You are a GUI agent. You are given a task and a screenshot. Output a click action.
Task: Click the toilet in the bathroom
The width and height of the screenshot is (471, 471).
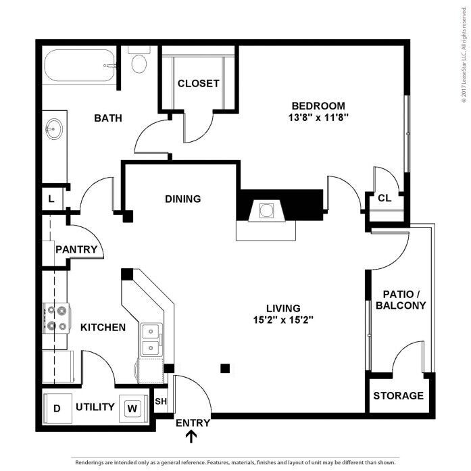point(139,59)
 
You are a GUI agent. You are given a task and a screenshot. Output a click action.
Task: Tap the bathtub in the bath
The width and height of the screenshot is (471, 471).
point(79,66)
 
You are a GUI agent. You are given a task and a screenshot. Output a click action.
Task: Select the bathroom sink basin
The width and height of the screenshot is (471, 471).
point(54,129)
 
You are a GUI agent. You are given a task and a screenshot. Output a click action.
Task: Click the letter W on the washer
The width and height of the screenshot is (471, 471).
point(132,408)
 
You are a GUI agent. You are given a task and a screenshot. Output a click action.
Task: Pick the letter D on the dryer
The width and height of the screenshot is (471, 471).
point(57,409)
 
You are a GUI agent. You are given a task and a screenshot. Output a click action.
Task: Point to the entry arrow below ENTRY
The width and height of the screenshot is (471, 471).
point(191,437)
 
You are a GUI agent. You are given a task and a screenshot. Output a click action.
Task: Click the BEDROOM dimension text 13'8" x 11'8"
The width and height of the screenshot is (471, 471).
point(318,118)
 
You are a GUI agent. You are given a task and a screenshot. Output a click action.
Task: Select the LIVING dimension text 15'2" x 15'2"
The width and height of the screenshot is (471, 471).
point(283,320)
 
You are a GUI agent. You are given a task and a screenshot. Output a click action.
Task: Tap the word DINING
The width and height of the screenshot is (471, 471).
point(183,199)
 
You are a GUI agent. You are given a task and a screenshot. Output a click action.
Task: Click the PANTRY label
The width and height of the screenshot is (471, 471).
point(76,249)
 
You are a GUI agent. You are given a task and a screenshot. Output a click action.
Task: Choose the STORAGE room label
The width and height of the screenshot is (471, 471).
point(398,395)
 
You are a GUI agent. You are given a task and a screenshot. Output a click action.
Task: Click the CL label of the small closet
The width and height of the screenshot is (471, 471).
point(385,198)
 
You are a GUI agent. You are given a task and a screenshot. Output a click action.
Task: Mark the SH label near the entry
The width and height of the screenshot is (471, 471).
point(161,401)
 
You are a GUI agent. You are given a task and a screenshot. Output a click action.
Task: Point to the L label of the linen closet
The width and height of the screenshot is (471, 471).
point(51,199)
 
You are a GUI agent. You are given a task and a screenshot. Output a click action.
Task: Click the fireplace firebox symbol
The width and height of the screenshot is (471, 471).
point(266,211)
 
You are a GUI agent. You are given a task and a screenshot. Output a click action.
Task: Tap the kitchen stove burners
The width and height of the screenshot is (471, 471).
point(57,318)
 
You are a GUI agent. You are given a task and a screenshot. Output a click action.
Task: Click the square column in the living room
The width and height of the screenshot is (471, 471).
point(225,368)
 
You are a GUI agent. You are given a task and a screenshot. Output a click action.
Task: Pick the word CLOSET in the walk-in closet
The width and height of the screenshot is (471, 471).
point(198,84)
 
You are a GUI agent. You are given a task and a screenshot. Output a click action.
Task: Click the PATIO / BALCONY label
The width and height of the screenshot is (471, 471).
point(401,299)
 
